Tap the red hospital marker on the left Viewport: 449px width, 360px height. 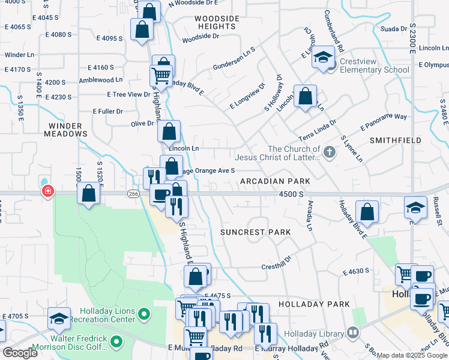(47, 192)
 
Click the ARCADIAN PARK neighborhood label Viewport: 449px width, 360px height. (275, 181)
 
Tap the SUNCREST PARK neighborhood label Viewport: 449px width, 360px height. (255, 232)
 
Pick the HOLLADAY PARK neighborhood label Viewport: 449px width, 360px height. (318, 304)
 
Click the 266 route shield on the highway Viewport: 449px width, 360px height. (133, 193)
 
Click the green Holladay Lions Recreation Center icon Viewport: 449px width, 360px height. (143, 314)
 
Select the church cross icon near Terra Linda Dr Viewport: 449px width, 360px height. (329, 153)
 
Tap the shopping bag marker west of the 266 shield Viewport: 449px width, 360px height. (89, 194)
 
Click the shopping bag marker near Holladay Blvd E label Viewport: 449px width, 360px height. (367, 212)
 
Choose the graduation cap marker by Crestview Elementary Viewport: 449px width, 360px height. (324, 57)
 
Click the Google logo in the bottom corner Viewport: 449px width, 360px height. (20, 353)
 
